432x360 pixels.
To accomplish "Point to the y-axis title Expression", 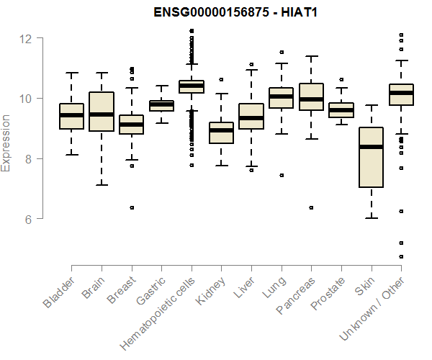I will (x=6, y=143).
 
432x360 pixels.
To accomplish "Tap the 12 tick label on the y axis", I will (x=28, y=37).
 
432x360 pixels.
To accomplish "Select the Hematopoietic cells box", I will (x=191, y=87).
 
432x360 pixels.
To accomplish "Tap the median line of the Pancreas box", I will (x=311, y=99).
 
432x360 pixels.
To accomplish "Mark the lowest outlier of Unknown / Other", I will (x=401, y=256).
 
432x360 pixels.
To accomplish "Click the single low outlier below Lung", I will (x=281, y=175).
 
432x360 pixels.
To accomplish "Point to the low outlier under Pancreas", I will (x=311, y=207).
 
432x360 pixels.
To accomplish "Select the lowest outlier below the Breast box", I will (x=131, y=207).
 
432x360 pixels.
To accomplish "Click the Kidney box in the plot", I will (x=221, y=133).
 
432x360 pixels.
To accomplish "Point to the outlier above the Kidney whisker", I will (x=221, y=79).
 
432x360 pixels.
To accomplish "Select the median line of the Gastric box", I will (x=161, y=104).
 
